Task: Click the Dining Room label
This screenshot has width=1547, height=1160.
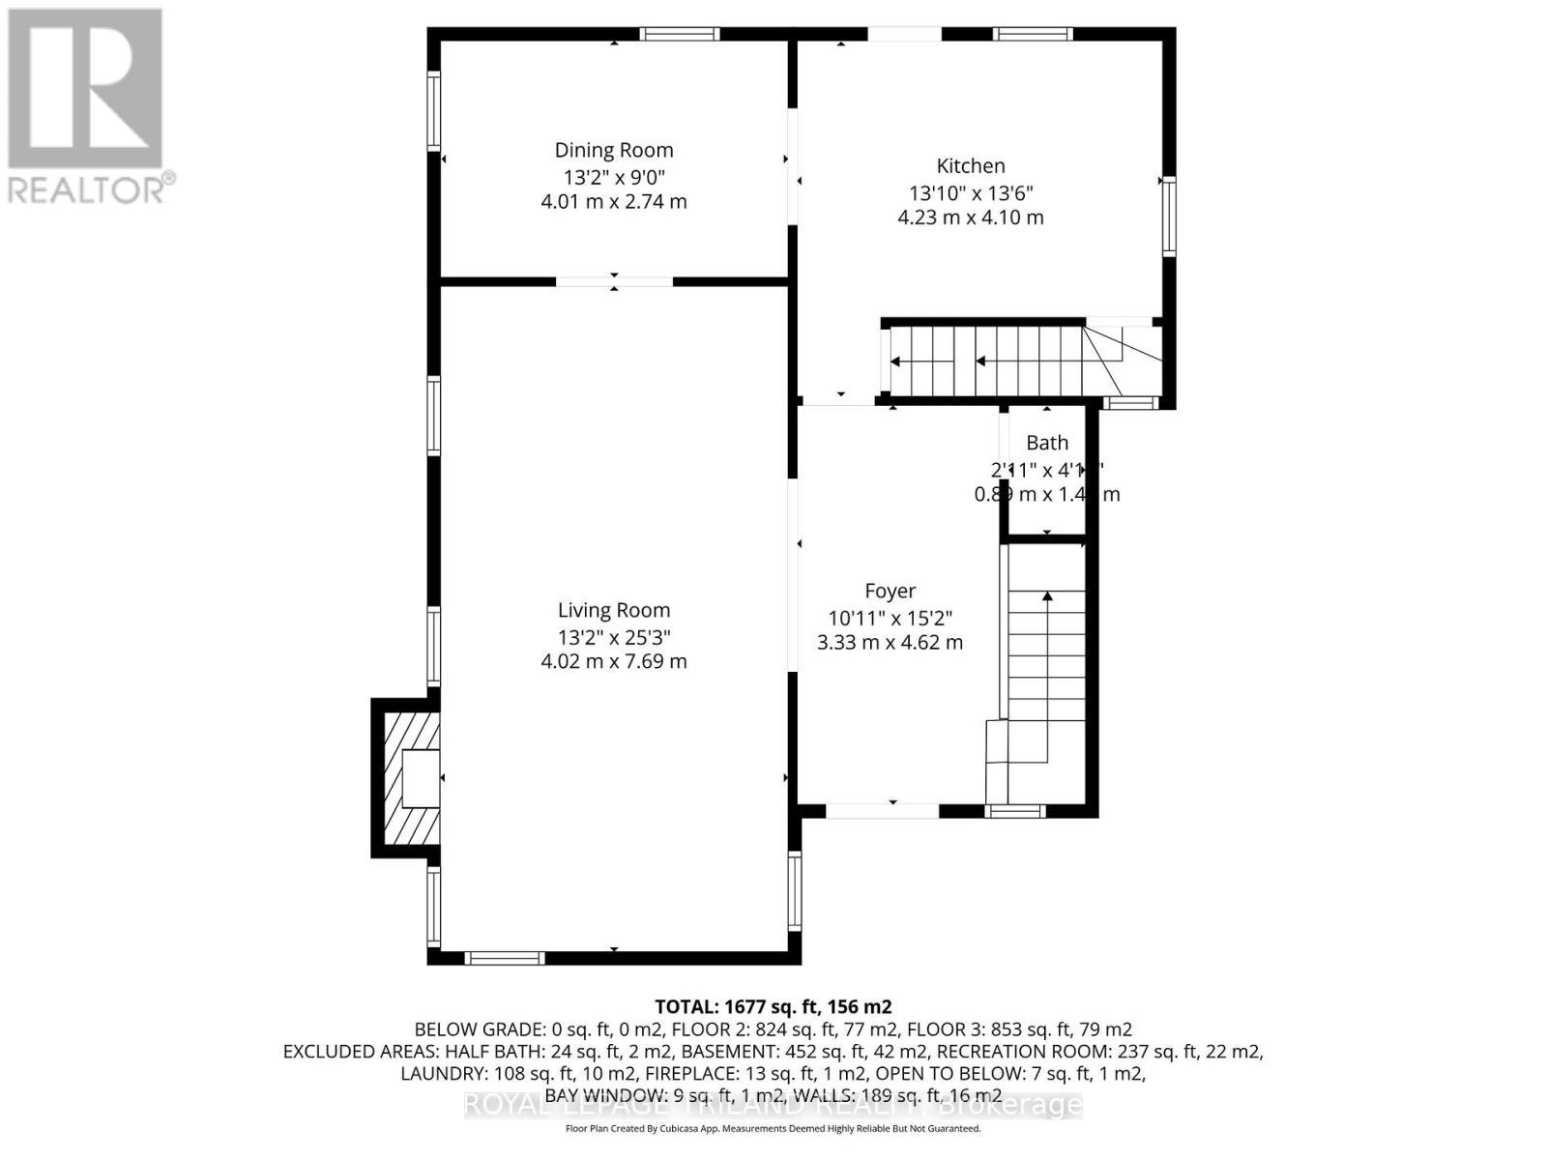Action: pyautogui.click(x=613, y=150)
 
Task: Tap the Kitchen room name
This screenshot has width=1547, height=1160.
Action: pyautogui.click(x=970, y=165)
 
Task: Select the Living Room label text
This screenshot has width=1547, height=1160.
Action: pyautogui.click(x=613, y=610)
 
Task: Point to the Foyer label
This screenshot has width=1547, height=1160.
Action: pyautogui.click(x=890, y=591)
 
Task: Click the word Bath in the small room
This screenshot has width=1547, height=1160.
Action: pyautogui.click(x=1047, y=443)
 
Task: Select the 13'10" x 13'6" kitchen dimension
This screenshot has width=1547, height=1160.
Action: pyautogui.click(x=970, y=192)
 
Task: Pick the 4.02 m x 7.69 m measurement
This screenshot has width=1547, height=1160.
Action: pyautogui.click(x=613, y=661)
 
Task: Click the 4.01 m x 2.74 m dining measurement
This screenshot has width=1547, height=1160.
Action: pyautogui.click(x=613, y=201)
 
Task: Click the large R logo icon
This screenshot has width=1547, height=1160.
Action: pyautogui.click(x=85, y=89)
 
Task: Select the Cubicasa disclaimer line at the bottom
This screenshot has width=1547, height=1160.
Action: pyautogui.click(x=773, y=1129)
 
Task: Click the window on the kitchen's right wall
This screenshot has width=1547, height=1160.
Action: pyautogui.click(x=1169, y=215)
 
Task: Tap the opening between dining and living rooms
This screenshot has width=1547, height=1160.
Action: pyautogui.click(x=614, y=281)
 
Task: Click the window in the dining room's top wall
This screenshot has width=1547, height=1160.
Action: pyautogui.click(x=682, y=34)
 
